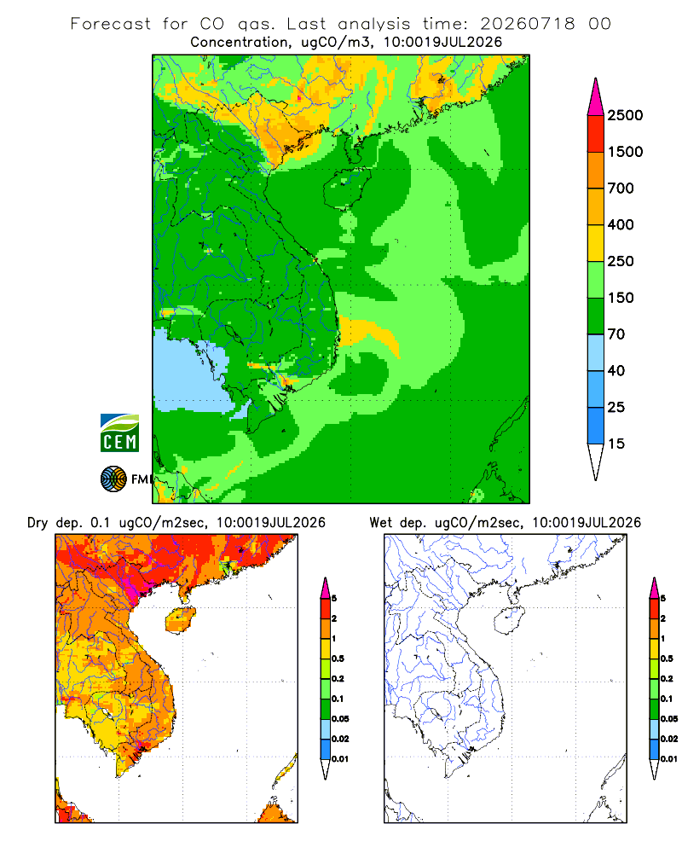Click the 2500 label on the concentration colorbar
point(625,115)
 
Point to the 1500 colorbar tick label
point(625,152)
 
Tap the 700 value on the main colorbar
point(621,189)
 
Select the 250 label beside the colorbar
point(621,261)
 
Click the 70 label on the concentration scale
point(616,334)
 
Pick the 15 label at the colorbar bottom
point(616,444)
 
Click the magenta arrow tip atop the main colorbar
point(596,96)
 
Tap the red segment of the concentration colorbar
point(596,134)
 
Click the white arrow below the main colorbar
point(596,462)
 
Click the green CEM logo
point(119,433)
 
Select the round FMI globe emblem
point(113,479)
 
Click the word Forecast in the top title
point(111,24)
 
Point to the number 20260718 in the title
point(527,24)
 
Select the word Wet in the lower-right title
point(380,523)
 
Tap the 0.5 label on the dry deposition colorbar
point(338,659)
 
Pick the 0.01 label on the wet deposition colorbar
point(669,759)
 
